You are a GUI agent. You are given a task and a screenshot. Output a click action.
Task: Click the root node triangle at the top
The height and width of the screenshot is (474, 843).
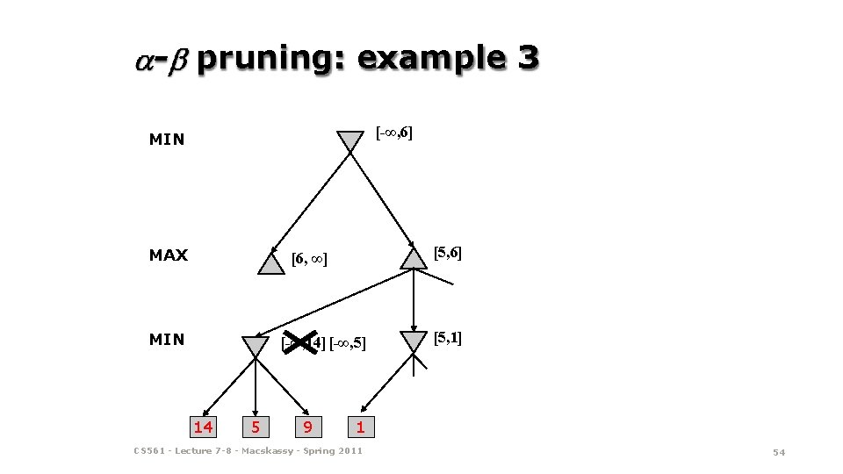349,140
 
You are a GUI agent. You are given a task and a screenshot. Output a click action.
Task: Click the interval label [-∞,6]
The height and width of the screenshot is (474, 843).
394,133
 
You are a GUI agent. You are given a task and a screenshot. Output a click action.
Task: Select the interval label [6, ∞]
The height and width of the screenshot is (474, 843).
309,259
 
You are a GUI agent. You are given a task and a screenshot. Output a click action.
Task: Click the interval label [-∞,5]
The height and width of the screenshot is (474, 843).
347,342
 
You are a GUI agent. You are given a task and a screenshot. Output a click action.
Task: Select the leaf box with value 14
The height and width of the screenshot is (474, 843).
203,427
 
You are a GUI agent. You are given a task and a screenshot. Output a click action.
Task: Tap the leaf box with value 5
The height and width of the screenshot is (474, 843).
256,427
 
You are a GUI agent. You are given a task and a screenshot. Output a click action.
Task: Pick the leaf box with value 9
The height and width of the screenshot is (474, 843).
306,427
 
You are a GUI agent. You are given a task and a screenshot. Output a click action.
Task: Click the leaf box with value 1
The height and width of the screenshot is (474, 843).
359,427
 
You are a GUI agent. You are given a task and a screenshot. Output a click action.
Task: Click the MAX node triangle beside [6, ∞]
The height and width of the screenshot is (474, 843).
272,263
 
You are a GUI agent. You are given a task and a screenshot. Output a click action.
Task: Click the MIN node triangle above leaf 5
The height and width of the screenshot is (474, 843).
256,346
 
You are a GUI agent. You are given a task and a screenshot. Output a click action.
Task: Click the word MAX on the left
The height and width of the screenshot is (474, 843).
169,255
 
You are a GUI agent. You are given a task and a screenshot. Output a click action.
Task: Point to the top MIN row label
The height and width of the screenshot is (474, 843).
167,139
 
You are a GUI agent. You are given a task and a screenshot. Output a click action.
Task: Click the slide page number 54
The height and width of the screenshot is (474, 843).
778,451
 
